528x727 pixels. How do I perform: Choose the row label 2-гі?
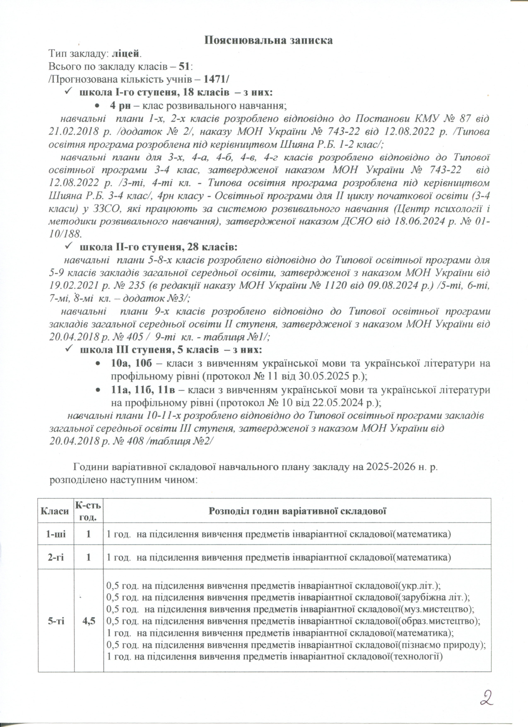click(x=56, y=558)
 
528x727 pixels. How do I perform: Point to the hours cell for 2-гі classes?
click(x=89, y=558)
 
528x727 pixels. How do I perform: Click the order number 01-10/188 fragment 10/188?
click(x=65, y=234)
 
